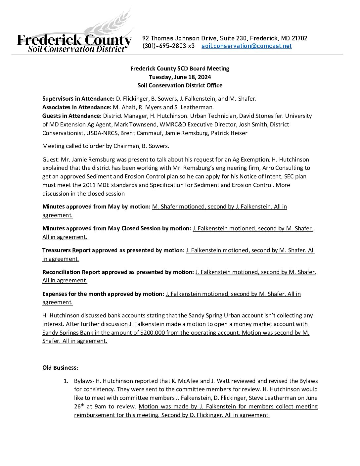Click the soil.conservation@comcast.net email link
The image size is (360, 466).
click(x=247, y=46)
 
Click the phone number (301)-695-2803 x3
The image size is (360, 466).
click(x=168, y=46)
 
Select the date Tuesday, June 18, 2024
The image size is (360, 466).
click(x=180, y=77)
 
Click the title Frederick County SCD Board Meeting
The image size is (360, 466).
click(x=180, y=69)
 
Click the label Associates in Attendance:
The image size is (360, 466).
click(x=77, y=107)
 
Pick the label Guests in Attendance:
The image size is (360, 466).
click(x=72, y=116)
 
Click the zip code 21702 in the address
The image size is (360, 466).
click(x=299, y=38)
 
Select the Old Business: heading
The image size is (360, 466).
click(x=60, y=368)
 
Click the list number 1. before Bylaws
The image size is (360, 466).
click(x=66, y=381)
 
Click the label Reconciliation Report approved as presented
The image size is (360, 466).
click(x=118, y=272)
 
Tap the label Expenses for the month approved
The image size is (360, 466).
click(x=103, y=294)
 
